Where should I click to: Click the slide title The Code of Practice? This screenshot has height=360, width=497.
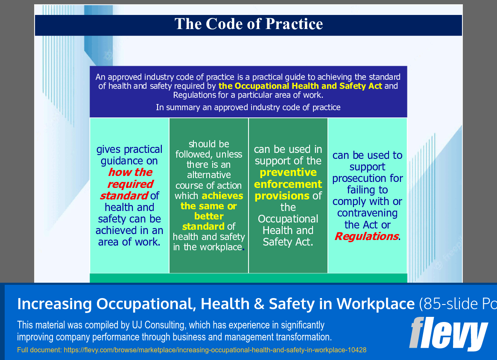[248, 24]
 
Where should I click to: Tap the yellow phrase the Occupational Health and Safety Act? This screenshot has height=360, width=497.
[300, 86]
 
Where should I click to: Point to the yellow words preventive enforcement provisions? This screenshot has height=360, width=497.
[288, 184]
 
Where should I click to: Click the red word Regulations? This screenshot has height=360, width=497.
[366, 236]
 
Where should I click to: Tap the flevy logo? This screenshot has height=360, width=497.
[448, 334]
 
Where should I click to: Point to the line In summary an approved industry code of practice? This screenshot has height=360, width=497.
[248, 107]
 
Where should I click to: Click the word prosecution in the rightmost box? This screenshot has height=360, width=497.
[368, 178]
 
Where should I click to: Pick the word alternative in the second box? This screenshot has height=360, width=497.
[209, 175]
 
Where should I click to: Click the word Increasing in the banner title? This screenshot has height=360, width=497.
[55, 304]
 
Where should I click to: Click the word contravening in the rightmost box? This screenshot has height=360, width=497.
[367, 213]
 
